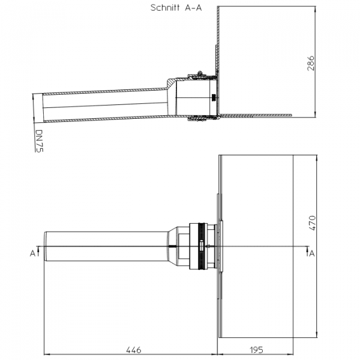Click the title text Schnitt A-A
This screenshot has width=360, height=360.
(x=176, y=8)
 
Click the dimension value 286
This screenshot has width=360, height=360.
(x=311, y=63)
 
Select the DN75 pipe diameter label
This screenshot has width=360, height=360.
(x=39, y=141)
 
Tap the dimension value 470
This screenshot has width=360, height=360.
(x=312, y=223)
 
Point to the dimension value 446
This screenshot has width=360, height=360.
(x=134, y=350)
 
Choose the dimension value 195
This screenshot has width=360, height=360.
(x=256, y=350)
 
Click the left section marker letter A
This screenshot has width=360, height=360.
(x=32, y=253)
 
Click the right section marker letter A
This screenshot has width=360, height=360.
(x=312, y=253)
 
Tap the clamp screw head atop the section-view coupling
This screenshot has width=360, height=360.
(x=200, y=73)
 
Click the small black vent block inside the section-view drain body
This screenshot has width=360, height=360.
(x=214, y=97)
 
